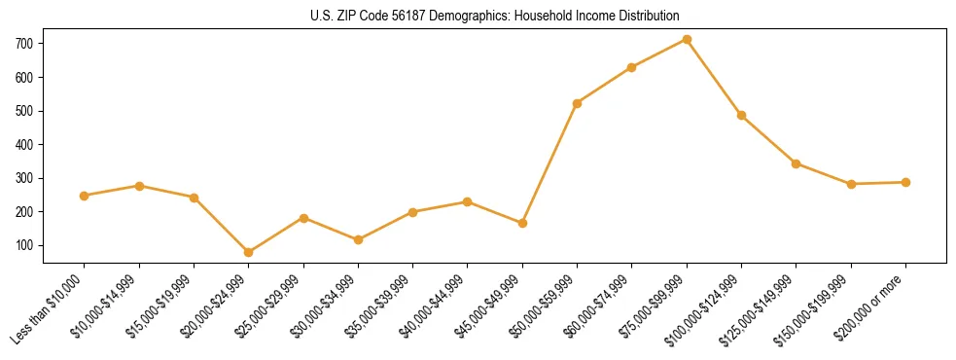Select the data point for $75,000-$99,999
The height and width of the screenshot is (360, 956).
point(687,39)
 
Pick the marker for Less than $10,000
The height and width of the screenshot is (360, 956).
point(85,196)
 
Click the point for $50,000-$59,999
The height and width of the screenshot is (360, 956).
point(578,103)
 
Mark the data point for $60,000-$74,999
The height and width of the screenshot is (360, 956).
point(632,67)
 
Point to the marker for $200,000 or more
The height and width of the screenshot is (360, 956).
point(905,182)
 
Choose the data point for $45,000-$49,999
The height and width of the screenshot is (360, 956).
point(522,223)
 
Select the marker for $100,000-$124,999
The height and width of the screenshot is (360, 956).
point(741,115)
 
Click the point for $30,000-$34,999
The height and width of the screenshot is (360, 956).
point(358,239)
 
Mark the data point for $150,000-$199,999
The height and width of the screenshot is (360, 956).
point(851,184)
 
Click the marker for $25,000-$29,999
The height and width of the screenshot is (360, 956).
point(303,218)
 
